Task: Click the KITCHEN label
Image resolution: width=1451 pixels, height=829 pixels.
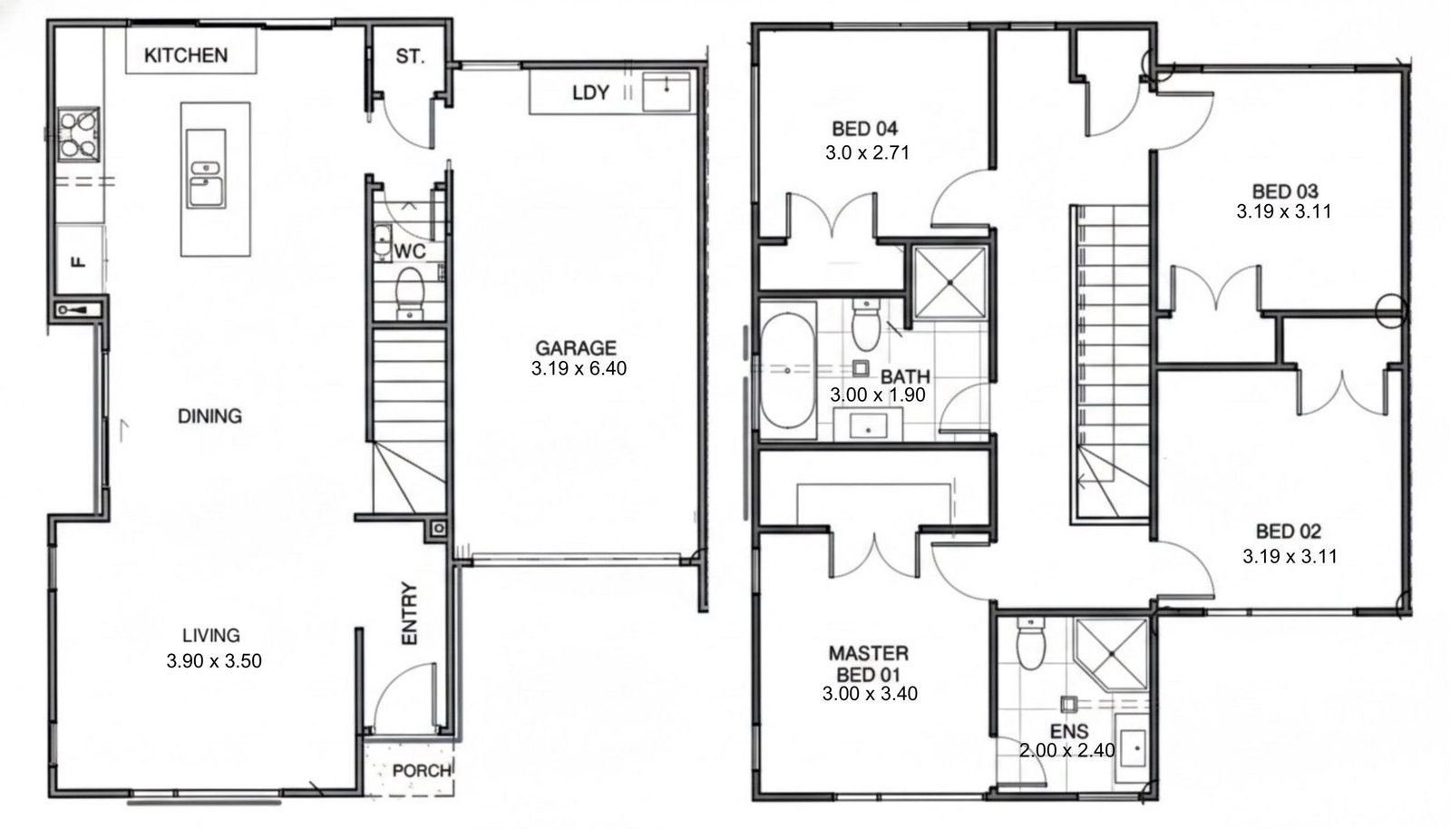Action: click(186, 55)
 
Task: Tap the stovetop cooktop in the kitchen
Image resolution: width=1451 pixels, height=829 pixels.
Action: click(78, 135)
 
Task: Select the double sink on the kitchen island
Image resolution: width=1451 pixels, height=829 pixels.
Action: click(206, 169)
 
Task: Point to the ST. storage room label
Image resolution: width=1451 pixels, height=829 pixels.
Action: click(410, 57)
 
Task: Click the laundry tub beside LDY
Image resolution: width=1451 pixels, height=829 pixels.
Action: click(666, 92)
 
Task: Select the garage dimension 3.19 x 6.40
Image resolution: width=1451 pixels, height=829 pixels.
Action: click(579, 368)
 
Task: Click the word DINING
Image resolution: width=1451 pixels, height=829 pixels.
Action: click(209, 415)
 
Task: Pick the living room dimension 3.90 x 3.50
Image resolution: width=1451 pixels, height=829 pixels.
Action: click(214, 661)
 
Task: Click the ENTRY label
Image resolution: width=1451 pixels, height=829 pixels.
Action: click(409, 613)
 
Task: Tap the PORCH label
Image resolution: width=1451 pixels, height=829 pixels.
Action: click(422, 771)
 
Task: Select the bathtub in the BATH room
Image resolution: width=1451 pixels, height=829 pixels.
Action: click(787, 371)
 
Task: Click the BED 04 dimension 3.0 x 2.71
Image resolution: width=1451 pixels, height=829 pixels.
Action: click(867, 153)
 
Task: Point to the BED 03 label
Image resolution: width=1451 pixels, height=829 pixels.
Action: click(1285, 191)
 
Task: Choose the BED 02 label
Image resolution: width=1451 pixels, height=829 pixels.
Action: click(1289, 532)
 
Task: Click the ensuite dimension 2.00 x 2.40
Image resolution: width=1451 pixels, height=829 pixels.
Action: click(1066, 751)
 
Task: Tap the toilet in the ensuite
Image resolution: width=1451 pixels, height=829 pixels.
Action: click(1030, 643)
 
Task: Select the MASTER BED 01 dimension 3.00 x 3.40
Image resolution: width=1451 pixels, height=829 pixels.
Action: click(870, 694)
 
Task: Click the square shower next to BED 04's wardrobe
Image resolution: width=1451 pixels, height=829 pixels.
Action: click(950, 283)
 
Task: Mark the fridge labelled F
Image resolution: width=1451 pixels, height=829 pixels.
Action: click(79, 259)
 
